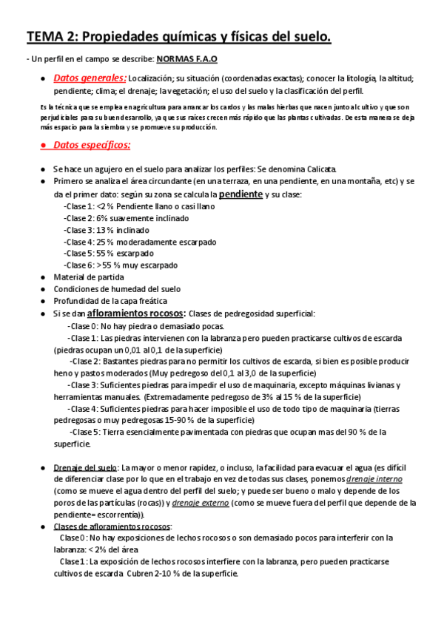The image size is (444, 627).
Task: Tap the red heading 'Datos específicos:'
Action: pos(92,146)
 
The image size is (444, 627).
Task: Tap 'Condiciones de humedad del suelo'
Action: pos(117,288)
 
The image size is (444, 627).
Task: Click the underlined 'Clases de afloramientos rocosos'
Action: pos(112,526)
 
